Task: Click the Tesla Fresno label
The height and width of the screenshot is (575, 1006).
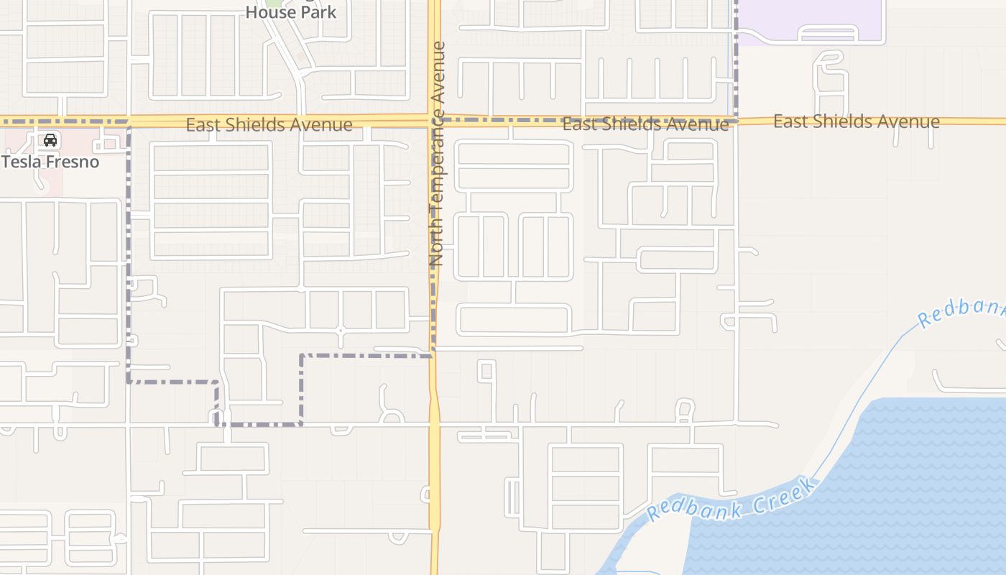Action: click(x=50, y=161)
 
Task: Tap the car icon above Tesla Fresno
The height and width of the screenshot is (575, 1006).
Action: click(x=50, y=140)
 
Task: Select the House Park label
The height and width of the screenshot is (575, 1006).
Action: click(x=291, y=12)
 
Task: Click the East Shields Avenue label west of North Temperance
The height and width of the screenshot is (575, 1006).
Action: click(x=269, y=124)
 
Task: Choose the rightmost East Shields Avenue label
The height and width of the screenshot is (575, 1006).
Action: click(x=856, y=121)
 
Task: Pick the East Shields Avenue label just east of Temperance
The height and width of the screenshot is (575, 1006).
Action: click(x=645, y=124)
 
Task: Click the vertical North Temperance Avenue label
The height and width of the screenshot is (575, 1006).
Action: click(x=438, y=155)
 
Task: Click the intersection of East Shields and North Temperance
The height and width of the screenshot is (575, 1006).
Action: click(x=435, y=120)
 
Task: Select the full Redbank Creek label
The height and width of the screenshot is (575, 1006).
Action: click(x=732, y=500)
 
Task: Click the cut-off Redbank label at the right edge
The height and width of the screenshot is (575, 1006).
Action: click(x=963, y=312)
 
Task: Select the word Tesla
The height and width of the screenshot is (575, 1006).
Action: click(x=22, y=161)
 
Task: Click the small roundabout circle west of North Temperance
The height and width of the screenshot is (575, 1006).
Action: click(x=341, y=330)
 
